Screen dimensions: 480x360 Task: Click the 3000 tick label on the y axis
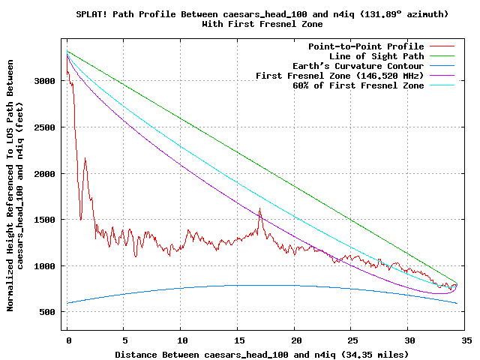tap(44, 81)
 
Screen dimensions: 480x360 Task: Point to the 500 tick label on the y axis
tap(47, 312)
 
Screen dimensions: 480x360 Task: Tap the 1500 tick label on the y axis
tap(44, 220)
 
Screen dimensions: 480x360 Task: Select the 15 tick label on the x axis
tap(240, 340)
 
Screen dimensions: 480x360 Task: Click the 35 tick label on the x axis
tap(466, 340)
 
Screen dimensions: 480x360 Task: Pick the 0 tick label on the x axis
tap(69, 340)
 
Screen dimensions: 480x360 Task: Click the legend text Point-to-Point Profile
tap(366, 46)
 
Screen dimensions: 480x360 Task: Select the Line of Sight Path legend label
tap(376, 56)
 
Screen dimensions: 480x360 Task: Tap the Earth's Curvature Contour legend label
tap(358, 66)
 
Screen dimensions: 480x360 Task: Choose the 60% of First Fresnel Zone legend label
tap(358, 85)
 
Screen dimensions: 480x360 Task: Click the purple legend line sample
tap(442, 75)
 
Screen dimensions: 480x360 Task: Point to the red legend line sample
tap(442, 46)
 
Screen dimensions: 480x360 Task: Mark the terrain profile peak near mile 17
tap(260, 208)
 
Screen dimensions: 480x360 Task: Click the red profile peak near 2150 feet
tap(85, 158)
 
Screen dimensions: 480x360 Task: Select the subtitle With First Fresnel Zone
tap(262, 24)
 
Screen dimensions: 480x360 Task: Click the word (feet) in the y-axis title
tap(19, 121)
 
